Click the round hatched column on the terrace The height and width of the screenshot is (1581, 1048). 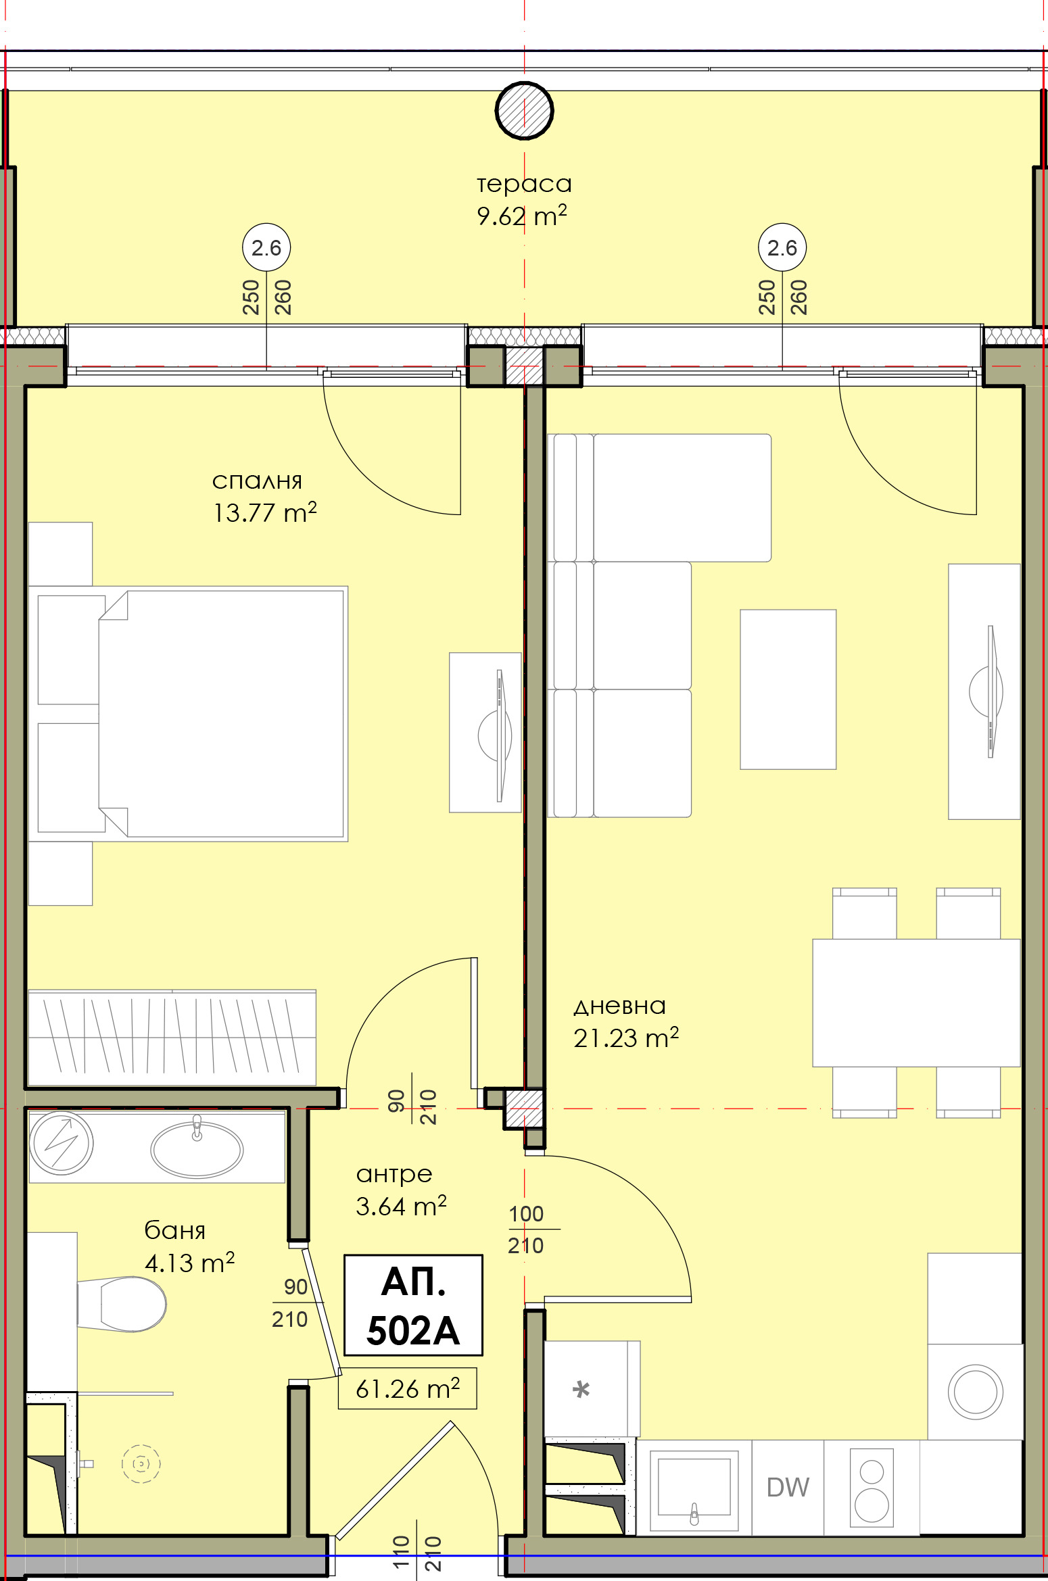click(x=524, y=110)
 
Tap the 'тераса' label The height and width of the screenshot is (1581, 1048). click(x=524, y=184)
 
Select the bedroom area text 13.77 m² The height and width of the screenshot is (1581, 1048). click(x=264, y=513)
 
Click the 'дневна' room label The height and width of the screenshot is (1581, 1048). click(x=619, y=1006)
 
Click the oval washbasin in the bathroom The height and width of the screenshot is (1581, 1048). click(x=196, y=1149)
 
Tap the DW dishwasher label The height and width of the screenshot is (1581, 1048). click(x=788, y=1487)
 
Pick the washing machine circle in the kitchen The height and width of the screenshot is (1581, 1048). click(x=975, y=1392)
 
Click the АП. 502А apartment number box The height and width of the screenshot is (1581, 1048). click(x=413, y=1305)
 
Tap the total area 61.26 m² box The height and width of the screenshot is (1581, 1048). click(x=408, y=1389)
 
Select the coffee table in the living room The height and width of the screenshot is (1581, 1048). click(x=788, y=689)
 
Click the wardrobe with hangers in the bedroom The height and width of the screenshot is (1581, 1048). click(x=172, y=1038)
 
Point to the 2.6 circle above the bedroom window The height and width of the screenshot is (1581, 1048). click(x=266, y=247)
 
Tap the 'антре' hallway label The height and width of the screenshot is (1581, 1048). click(x=394, y=1174)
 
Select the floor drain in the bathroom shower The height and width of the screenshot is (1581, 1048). click(x=141, y=1464)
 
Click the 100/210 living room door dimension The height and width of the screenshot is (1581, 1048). click(x=527, y=1230)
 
